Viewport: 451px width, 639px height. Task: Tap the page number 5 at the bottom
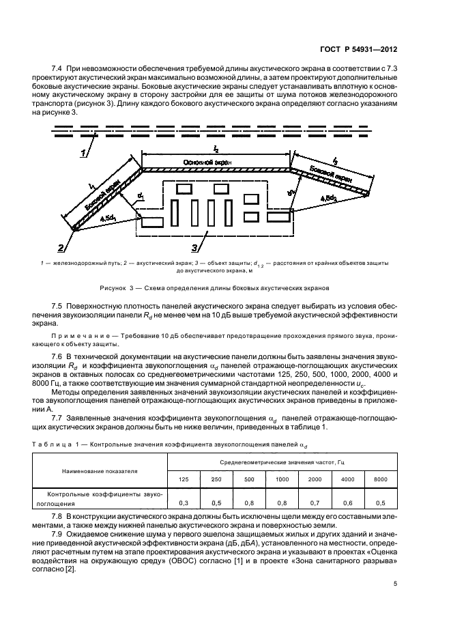pyautogui.click(x=395, y=583)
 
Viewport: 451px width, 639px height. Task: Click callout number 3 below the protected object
pyautogui.click(x=197, y=247)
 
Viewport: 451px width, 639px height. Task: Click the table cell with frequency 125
pyautogui.click(x=184, y=479)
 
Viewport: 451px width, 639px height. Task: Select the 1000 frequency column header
pyautogui.click(x=282, y=479)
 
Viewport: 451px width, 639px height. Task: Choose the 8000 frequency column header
pyautogui.click(x=380, y=479)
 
